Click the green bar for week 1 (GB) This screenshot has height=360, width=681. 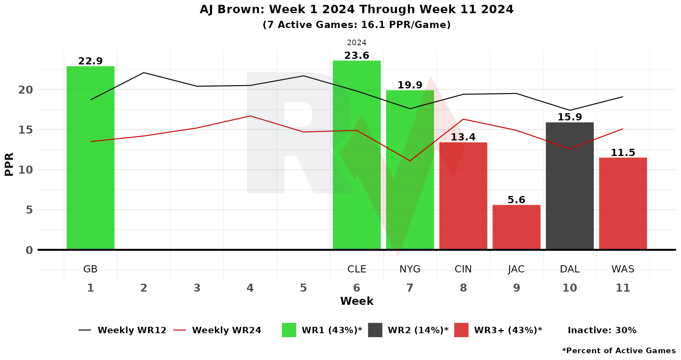tap(90, 158)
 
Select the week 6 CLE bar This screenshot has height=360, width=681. tap(357, 155)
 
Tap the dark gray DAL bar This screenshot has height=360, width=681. tap(570, 186)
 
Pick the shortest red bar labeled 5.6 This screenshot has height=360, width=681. tap(517, 227)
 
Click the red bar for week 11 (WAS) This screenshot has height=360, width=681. tap(623, 204)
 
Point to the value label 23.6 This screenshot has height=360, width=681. tap(357, 56)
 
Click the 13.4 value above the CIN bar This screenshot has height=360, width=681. tap(463, 137)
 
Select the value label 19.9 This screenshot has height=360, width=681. tap(410, 85)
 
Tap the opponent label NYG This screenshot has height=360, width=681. tap(410, 269)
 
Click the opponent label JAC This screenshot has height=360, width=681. tap(516, 269)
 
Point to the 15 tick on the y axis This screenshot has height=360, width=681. tap(26, 130)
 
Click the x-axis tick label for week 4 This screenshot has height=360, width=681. tap(250, 288)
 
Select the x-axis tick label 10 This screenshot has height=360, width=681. tap(570, 288)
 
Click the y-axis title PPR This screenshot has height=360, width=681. tap(9, 164)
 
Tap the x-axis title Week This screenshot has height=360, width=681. tap(357, 301)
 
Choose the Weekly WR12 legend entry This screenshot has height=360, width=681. tap(122, 330)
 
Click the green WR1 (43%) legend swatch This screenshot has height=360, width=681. tap(289, 330)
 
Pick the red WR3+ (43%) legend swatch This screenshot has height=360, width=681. tap(461, 330)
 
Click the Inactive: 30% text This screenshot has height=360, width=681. tap(602, 330)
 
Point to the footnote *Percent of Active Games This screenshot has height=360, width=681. tap(619, 350)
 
